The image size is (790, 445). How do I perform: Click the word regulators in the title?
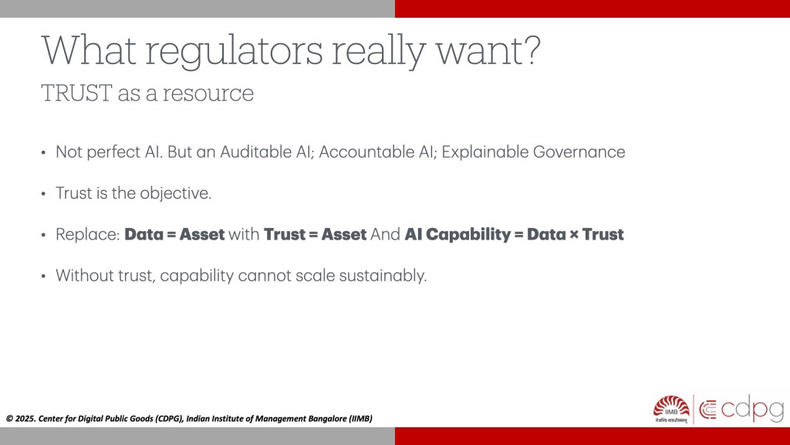234,51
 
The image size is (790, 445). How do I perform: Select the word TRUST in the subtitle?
76,93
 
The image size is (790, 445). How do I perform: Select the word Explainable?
484,152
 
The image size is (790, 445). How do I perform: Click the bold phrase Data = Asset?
174,235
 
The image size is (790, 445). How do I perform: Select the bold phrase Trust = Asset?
315,235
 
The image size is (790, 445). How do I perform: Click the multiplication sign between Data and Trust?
574,235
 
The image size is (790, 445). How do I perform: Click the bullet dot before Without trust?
44,277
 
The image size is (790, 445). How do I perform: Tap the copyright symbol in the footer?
9,418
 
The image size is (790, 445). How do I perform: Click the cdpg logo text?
752,409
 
